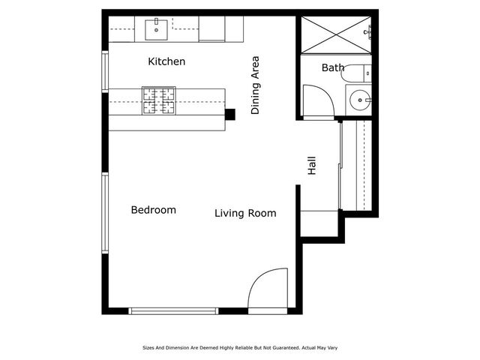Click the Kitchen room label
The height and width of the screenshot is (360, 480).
click(166, 61)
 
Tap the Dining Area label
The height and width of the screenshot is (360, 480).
click(255, 84)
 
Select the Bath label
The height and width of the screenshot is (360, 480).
click(333, 68)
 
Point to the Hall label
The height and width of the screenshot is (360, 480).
click(312, 166)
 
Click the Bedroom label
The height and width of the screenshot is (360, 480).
click(153, 210)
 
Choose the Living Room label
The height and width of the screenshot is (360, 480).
click(245, 214)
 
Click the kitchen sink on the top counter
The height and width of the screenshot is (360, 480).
click(157, 30)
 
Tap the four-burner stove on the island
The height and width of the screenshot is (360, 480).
click(158, 101)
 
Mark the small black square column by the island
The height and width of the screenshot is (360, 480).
click(230, 114)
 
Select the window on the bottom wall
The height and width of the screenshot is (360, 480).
click(173, 310)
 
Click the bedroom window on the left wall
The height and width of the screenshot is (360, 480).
click(106, 214)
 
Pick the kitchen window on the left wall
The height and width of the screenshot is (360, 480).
click(106, 72)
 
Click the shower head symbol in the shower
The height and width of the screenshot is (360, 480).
click(368, 31)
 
